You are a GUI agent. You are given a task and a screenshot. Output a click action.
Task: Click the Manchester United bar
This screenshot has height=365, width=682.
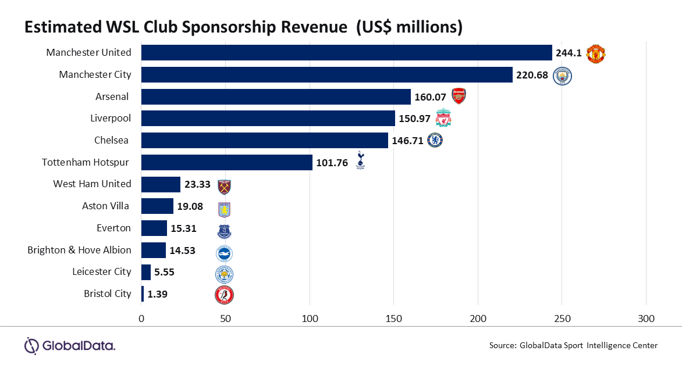tap(346, 52)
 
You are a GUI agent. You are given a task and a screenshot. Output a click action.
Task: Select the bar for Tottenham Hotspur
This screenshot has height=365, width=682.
tap(227, 162)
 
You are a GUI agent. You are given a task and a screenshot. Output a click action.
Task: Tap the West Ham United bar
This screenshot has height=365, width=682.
tap(161, 184)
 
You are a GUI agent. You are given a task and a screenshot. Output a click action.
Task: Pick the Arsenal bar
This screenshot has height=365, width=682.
tap(276, 96)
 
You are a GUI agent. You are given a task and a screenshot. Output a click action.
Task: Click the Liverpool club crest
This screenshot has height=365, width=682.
tap(444, 118)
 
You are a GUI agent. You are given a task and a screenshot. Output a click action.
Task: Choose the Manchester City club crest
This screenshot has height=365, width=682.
tap(562, 76)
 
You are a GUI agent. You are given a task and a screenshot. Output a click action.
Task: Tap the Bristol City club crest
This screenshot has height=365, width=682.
tap(224, 295)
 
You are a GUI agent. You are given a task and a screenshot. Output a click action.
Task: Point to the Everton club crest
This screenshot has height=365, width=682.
tap(224, 229)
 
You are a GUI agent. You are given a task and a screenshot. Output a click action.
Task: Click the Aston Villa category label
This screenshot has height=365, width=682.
tap(106, 206)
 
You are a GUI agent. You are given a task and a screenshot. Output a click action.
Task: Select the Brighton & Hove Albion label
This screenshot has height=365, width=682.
tap(79, 250)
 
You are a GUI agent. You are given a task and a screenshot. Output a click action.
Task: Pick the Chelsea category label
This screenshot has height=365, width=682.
tap(112, 140)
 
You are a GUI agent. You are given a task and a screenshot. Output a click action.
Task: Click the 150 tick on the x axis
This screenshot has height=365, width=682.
tap(394, 319)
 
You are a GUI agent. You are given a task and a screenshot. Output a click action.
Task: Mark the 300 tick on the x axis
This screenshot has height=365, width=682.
tap(646, 319)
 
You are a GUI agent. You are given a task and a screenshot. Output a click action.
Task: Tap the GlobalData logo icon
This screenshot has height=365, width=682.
tap(31, 345)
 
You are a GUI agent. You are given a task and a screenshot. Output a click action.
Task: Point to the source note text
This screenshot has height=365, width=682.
tap(573, 345)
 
